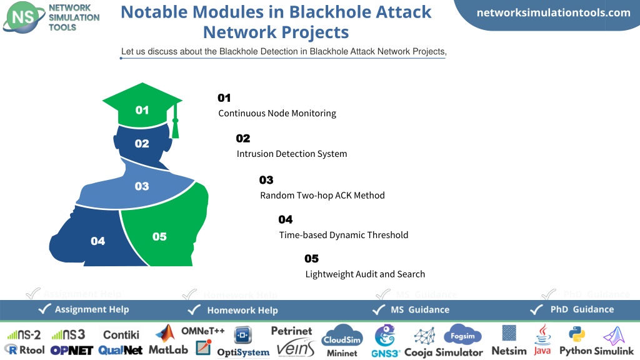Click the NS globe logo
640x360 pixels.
24,17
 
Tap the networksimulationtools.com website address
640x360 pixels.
554,12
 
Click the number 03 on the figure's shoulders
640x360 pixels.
142,186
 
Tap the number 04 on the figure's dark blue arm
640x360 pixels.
98,241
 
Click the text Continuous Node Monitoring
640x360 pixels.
277,113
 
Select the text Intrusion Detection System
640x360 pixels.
292,154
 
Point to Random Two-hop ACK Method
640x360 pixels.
322,196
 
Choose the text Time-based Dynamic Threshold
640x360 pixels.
344,235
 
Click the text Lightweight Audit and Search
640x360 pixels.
365,274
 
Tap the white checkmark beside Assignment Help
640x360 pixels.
44,309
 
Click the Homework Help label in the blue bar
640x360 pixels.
242,311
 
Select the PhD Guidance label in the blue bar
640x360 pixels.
582,309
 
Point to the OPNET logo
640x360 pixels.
72,351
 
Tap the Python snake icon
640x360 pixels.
577,334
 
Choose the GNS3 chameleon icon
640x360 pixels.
385,336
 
